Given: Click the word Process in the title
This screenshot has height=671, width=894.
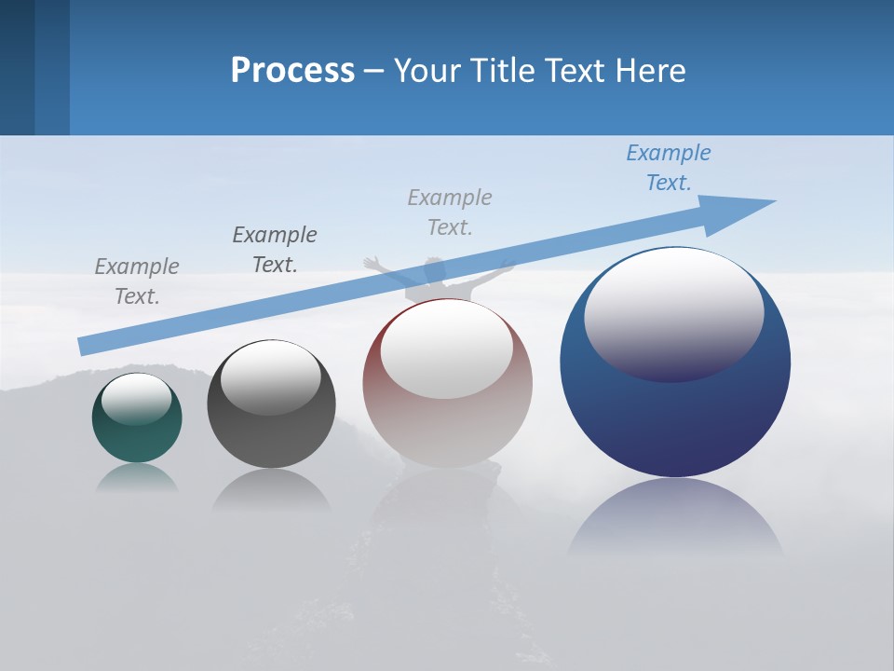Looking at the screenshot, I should click(292, 71).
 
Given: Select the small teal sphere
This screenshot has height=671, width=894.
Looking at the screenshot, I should click(137, 418).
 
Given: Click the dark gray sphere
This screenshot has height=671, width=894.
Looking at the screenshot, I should click(271, 404).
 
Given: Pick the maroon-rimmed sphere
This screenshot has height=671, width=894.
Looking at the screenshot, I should click(447, 383).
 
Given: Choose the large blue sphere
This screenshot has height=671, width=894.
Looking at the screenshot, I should click(675, 362).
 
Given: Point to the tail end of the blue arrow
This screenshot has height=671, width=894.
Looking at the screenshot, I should click(86, 346).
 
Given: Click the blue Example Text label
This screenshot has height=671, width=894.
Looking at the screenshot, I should click(669, 168).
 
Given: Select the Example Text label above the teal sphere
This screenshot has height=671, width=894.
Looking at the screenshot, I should click(137, 281).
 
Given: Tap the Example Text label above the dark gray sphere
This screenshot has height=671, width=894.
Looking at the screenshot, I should click(275, 249).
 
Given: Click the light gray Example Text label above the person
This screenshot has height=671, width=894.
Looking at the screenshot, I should click(450, 212).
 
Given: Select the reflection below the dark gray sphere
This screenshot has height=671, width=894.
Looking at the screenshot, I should click(271, 489).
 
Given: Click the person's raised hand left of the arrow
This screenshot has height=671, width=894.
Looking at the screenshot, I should click(372, 263).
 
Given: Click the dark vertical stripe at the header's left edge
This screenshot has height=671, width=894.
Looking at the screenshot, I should click(17, 67).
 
